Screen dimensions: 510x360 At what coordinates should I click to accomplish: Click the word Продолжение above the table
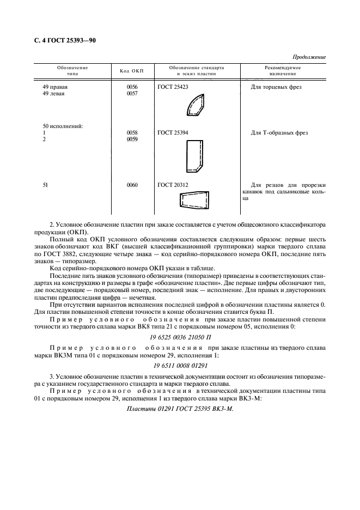tap(309, 57)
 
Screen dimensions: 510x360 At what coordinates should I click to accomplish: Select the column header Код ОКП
tap(131, 71)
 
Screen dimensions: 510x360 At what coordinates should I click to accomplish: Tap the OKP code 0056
tap(132, 87)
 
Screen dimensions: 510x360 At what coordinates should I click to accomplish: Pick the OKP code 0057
tap(132, 94)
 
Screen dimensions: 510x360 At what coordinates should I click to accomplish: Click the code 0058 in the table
tap(132, 133)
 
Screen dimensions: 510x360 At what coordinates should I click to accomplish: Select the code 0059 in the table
tap(132, 139)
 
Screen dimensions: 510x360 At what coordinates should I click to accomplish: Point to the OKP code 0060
tap(132, 185)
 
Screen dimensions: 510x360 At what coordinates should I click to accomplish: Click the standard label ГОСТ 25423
tap(173, 87)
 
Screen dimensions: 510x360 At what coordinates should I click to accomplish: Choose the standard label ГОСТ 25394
tap(173, 133)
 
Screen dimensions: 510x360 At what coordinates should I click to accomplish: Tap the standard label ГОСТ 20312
tap(173, 185)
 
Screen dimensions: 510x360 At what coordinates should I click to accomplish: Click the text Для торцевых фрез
tap(276, 87)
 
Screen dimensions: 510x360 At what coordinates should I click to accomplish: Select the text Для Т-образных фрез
tap(279, 133)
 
